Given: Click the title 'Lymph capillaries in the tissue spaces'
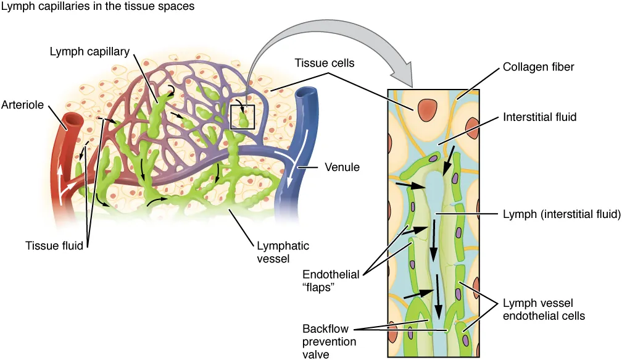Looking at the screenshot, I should pyautogui.click(x=99, y=7).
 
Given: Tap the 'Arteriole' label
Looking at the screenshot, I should pyautogui.click(x=23, y=105).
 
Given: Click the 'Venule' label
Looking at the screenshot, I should pyautogui.click(x=342, y=167).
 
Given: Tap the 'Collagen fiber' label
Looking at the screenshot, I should pyautogui.click(x=538, y=67).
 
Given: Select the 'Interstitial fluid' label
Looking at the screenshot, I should pyautogui.click(x=539, y=116).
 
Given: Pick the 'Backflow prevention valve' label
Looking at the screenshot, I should pyautogui.click(x=328, y=340).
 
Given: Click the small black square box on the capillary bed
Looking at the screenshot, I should pyautogui.click(x=242, y=116).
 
